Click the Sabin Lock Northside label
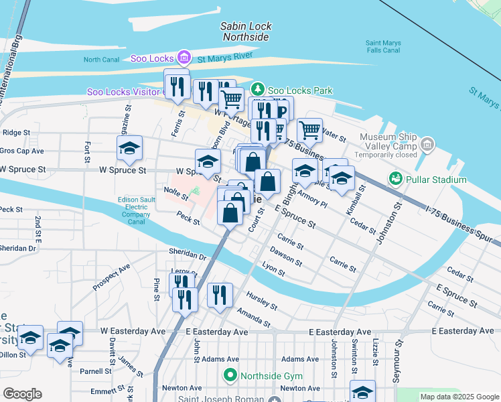(246, 31)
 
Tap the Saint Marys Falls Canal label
(383, 46)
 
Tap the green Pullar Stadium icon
(395, 180)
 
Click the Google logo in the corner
(22, 394)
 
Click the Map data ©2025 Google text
(458, 397)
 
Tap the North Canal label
(101, 60)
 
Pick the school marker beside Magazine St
(130, 148)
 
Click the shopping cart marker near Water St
(309, 129)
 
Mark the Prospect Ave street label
(111, 277)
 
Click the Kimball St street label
(362, 198)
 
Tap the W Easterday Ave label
(133, 331)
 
